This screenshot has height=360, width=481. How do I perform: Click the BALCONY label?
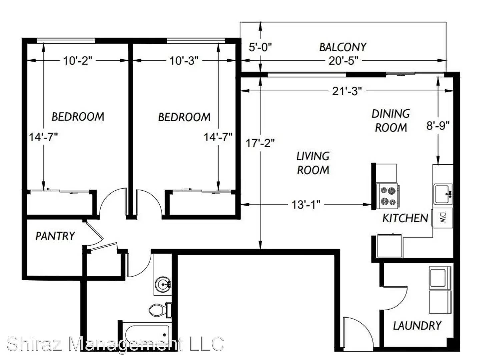[343, 47]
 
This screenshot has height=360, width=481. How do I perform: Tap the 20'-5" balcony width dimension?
[343, 61]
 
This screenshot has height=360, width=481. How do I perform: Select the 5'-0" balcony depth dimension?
[260, 47]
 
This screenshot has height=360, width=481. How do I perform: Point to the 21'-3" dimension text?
[347, 91]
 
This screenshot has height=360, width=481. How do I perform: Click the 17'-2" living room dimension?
[260, 143]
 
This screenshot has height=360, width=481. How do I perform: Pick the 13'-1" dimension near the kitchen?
[306, 205]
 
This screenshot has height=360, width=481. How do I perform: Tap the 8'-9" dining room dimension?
[438, 126]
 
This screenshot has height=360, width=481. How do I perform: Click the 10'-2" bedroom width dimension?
[78, 61]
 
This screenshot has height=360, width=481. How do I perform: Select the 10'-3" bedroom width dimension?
[184, 61]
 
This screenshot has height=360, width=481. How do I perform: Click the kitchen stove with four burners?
[387, 195]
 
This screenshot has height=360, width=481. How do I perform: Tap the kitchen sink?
[442, 194]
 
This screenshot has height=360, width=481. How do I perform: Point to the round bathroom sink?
[163, 284]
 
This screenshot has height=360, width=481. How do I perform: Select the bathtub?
[147, 335]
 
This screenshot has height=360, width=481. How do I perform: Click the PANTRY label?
[55, 236]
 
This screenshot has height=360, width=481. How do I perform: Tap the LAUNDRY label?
[417, 326]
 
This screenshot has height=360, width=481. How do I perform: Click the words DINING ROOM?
[391, 121]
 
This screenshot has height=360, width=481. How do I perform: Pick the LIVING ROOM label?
[313, 163]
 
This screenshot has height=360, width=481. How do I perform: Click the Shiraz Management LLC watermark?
[115, 344]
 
